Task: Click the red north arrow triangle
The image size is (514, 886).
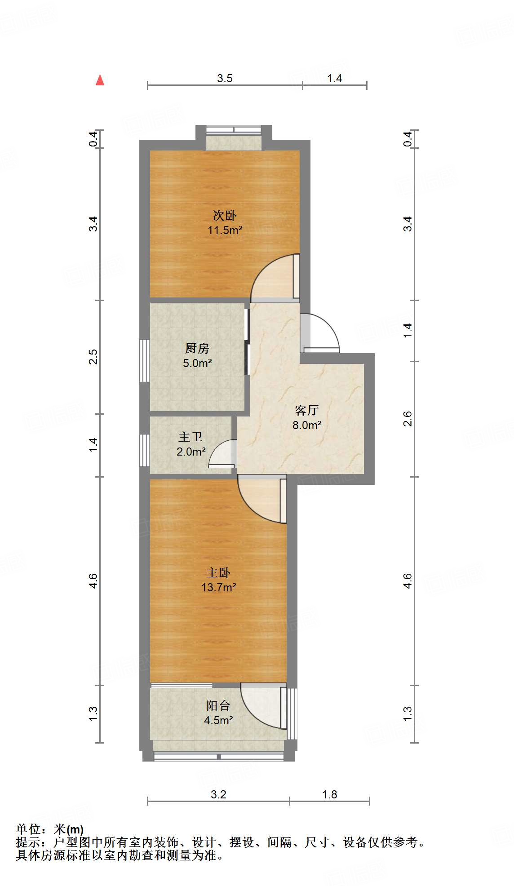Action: click(100, 80)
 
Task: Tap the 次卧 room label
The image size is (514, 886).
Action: click(225, 216)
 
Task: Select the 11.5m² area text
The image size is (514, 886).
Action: click(225, 230)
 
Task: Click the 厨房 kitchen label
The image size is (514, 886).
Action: click(197, 348)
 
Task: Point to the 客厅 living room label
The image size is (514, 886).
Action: click(307, 410)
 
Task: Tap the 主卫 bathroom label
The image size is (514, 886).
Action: click(191, 437)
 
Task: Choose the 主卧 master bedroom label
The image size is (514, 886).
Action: click(218, 572)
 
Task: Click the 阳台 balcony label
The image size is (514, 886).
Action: click(218, 705)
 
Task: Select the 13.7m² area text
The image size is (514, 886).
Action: click(218, 587)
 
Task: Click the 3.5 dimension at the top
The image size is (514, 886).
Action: click(225, 78)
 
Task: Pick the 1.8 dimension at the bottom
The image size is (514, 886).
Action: click(329, 794)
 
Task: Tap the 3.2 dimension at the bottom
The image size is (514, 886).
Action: click(218, 794)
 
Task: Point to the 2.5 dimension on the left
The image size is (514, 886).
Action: click(93, 357)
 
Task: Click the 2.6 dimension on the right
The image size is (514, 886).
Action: click(407, 419)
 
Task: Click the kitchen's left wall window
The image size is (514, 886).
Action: click(144, 361)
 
